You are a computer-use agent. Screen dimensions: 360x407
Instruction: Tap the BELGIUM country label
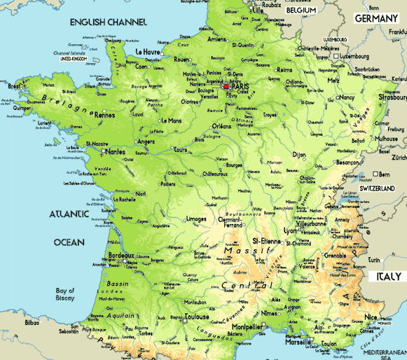click(x=302, y=11)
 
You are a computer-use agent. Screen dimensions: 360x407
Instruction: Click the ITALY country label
click(x=388, y=277)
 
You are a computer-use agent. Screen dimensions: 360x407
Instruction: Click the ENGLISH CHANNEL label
click(x=108, y=23)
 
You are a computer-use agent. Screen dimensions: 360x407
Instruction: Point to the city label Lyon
click(x=291, y=230)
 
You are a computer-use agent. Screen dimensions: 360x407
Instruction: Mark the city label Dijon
click(x=299, y=154)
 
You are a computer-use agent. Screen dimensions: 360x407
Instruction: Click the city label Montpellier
click(x=247, y=327)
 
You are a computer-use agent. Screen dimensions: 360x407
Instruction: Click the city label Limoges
click(x=196, y=219)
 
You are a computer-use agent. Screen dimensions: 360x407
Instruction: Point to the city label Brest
click(x=15, y=87)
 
